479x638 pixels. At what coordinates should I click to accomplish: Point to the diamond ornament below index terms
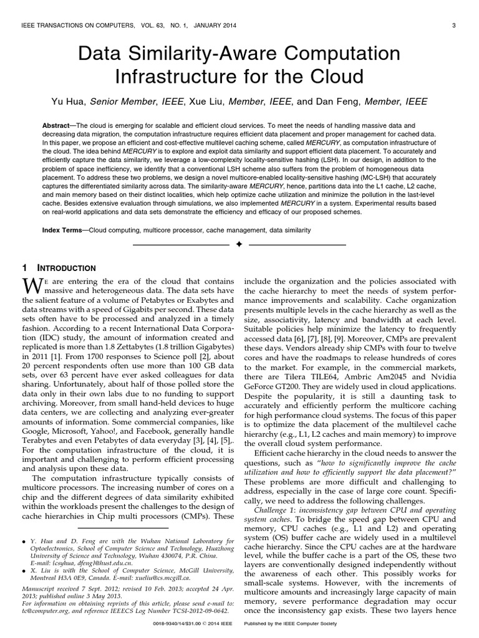(x=239, y=245)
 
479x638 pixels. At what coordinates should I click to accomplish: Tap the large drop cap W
(x=31, y=287)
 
